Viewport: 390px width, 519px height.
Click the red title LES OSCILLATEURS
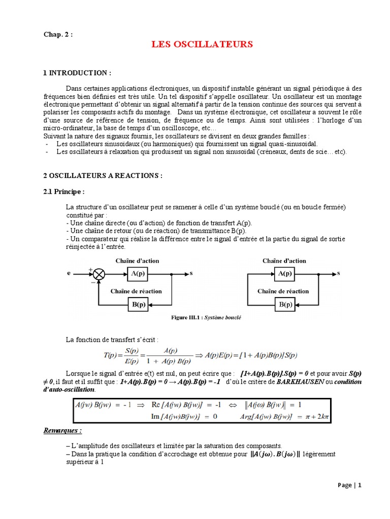pyautogui.click(x=202, y=45)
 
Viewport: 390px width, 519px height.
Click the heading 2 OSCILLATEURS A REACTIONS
pyautogui.click(x=103, y=175)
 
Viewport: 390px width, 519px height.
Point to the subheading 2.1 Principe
pyautogui.click(x=63, y=192)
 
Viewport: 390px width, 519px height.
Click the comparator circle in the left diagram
pyautogui.click(x=99, y=274)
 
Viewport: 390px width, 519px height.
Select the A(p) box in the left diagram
pyautogui.click(x=137, y=274)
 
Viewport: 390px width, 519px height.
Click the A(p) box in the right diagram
pyautogui.click(x=284, y=274)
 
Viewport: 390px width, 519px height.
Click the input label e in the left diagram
pyautogui.click(x=69, y=274)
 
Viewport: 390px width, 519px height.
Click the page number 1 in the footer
pyautogui.click(x=360, y=485)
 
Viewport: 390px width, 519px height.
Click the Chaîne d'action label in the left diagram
pyautogui.click(x=137, y=261)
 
